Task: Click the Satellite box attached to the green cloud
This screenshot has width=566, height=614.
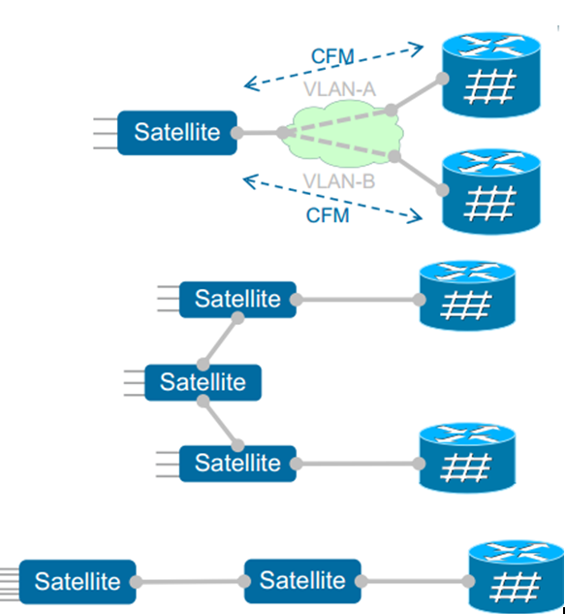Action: click(x=177, y=132)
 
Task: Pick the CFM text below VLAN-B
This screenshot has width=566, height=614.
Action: click(x=327, y=215)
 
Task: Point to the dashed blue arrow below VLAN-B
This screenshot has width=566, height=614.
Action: click(x=334, y=198)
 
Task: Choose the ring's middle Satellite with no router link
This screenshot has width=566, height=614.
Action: click(x=203, y=382)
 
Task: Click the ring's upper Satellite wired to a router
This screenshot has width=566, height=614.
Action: click(x=237, y=299)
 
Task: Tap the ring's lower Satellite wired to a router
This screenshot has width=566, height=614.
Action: click(x=237, y=463)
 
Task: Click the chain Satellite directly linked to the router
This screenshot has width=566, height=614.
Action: click(x=302, y=580)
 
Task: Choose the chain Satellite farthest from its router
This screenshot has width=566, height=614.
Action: click(x=78, y=581)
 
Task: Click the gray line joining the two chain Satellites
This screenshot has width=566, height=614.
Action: click(x=190, y=581)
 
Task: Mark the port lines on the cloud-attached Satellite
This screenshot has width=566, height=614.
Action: click(x=104, y=132)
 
